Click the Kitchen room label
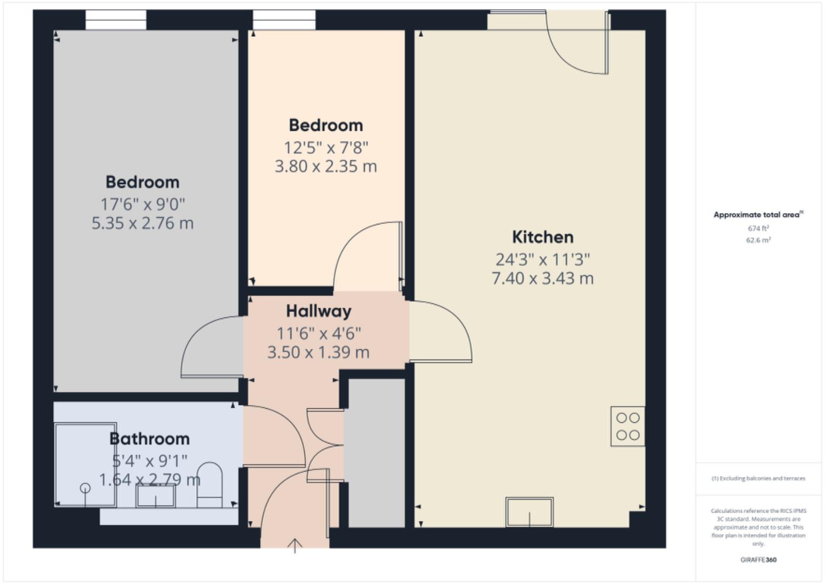click(x=542, y=237)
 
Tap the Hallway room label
click(x=318, y=311)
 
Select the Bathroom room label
click(x=149, y=439)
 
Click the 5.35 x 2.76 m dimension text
click(x=142, y=223)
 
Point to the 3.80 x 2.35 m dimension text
click(x=326, y=166)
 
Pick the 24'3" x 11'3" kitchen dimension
click(x=542, y=260)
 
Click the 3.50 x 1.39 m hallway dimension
click(x=318, y=353)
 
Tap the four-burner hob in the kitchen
click(x=627, y=426)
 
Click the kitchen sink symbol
click(x=529, y=512)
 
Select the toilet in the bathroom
click(x=209, y=484)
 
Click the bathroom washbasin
click(x=156, y=496)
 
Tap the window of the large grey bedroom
click(x=116, y=20)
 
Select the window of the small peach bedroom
click(x=284, y=20)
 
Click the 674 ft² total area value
click(x=758, y=228)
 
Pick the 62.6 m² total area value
click(x=758, y=240)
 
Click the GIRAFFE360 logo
click(x=758, y=560)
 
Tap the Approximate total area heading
click(x=757, y=215)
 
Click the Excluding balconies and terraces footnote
click(x=758, y=479)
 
